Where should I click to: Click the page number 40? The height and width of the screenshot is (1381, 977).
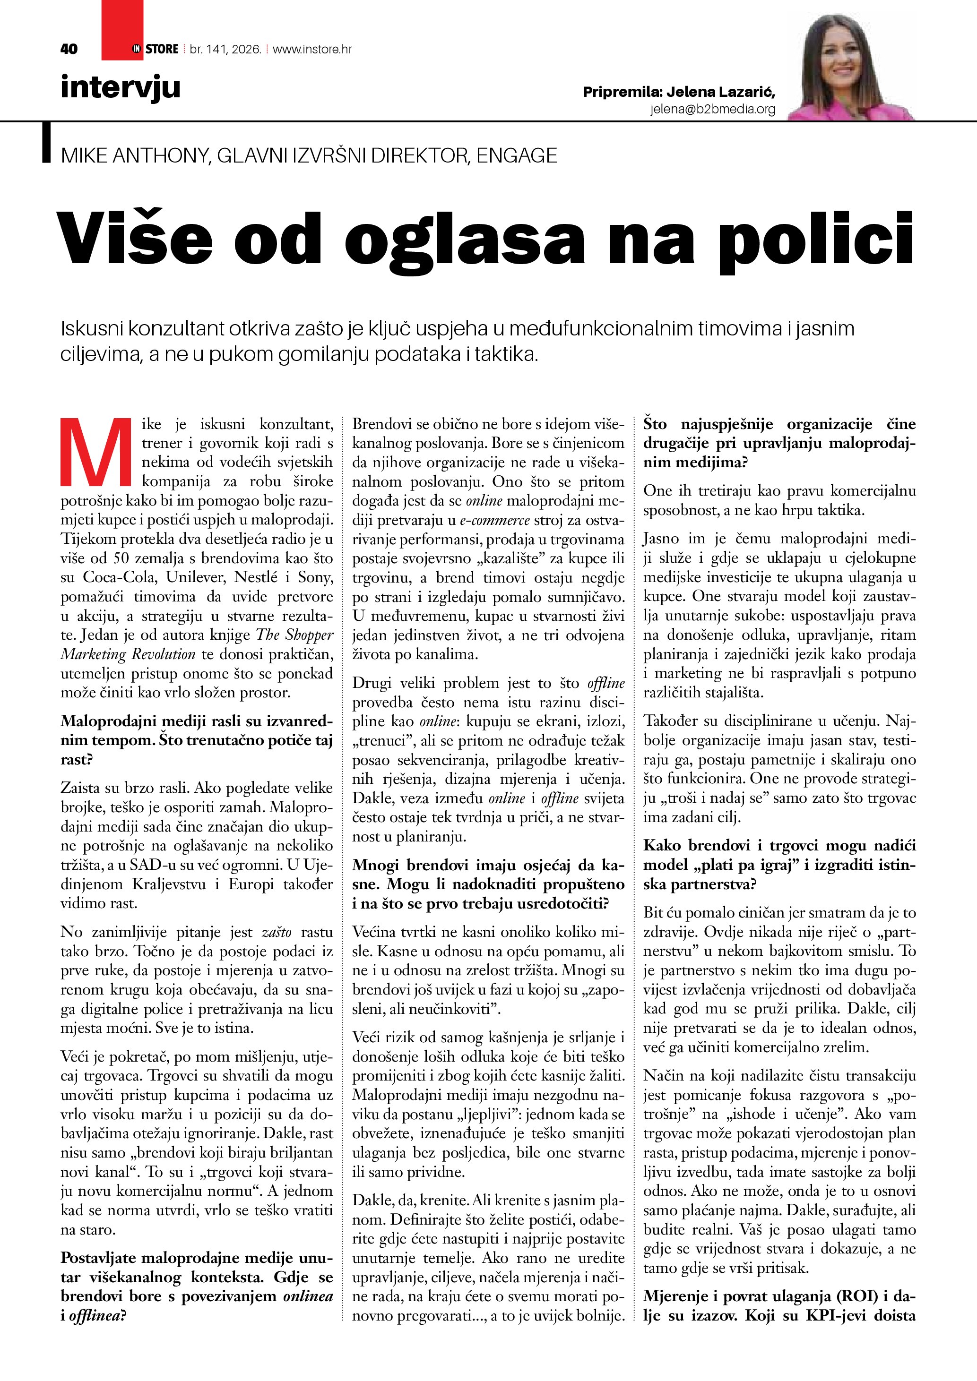tap(69, 49)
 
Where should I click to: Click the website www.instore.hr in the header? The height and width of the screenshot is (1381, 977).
tap(312, 49)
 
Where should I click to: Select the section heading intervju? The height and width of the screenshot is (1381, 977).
tap(121, 87)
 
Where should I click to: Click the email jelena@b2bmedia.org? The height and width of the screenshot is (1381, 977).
tap(712, 110)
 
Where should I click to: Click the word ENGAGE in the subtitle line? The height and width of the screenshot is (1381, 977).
tap(517, 156)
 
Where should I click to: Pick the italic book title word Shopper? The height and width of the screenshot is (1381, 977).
tap(309, 635)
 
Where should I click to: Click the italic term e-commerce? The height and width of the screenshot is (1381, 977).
tap(494, 520)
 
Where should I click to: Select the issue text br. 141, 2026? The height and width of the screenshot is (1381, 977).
tap(225, 49)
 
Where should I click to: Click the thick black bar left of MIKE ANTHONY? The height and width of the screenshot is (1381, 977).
tap(46, 143)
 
